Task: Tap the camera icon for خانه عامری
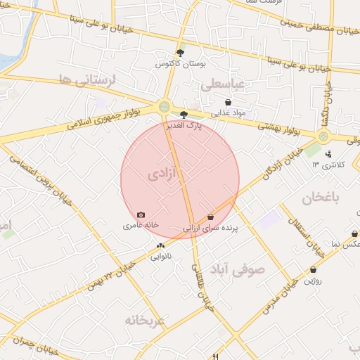[141, 214]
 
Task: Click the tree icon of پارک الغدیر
[184, 113]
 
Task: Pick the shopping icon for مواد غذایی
[228, 102]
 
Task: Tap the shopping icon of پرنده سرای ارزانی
[211, 217]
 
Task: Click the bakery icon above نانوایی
[161, 245]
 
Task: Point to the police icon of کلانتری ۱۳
[328, 153]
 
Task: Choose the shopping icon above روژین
[313, 269]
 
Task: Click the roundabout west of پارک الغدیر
[165, 107]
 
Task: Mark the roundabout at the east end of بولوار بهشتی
[323, 137]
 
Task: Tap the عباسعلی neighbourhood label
[222, 85]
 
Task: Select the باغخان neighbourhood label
[321, 198]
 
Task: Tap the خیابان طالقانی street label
[202, 282]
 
